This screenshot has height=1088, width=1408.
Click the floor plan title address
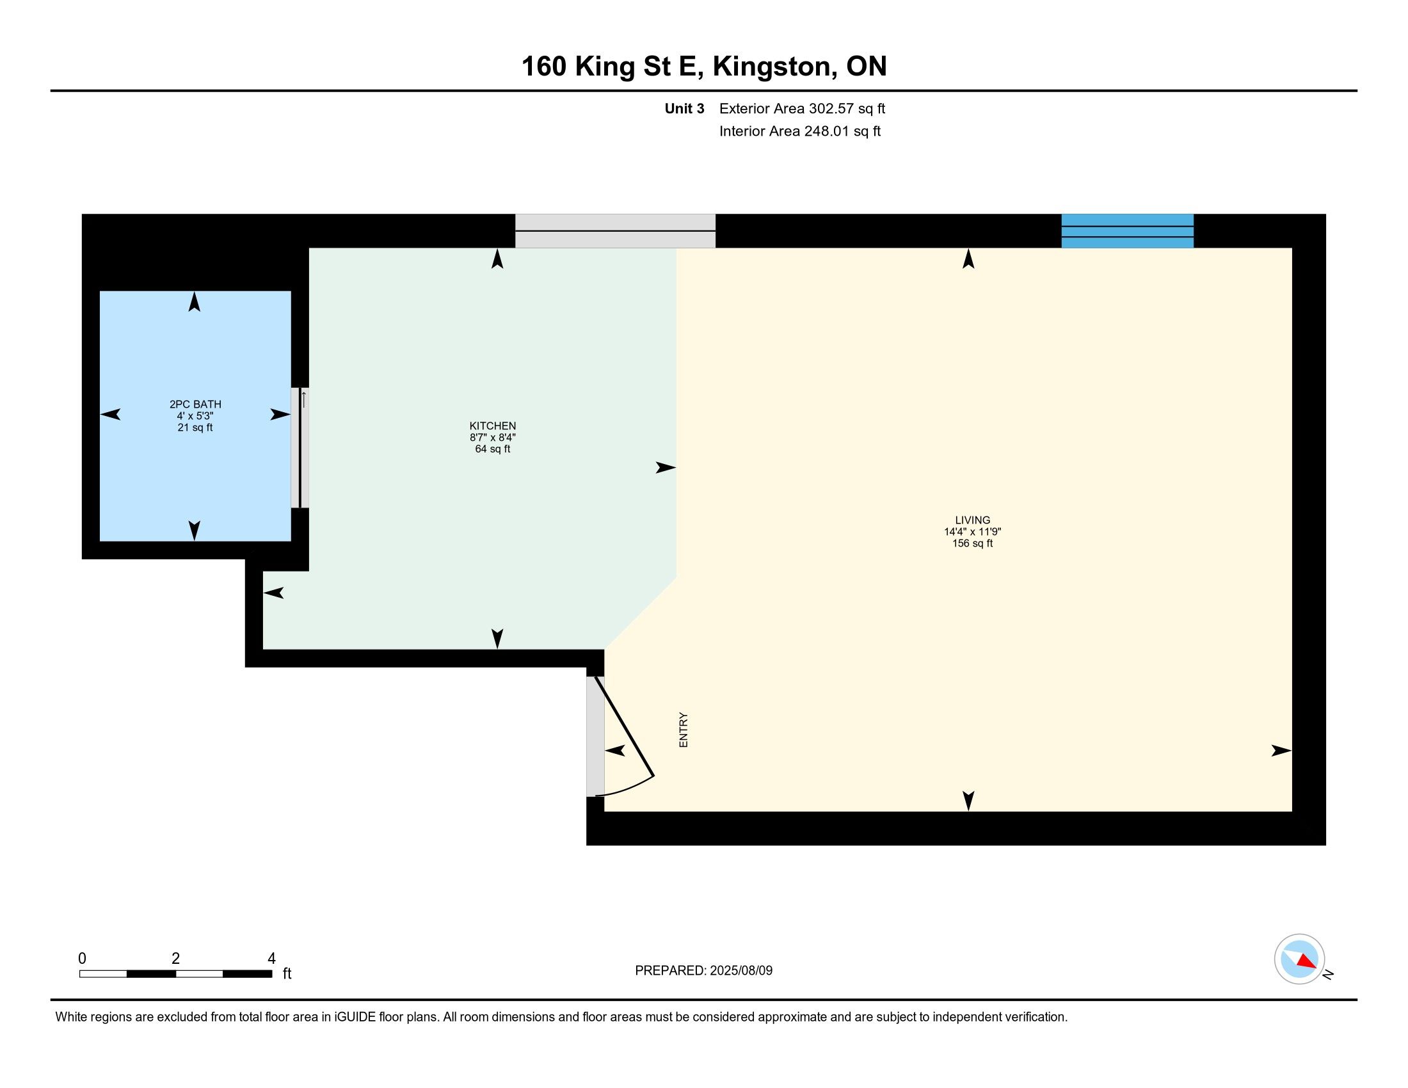[704, 67]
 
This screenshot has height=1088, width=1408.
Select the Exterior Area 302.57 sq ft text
[802, 108]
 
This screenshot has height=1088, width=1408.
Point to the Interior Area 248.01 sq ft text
[800, 131]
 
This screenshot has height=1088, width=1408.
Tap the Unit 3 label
[685, 108]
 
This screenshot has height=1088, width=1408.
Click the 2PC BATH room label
[195, 404]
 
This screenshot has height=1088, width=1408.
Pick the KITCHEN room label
[493, 426]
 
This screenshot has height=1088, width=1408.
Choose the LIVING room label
[973, 520]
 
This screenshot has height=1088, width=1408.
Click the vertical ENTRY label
[684, 730]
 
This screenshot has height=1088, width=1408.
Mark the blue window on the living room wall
[1128, 231]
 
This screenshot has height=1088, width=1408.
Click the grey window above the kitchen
[615, 231]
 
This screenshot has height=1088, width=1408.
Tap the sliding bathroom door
[300, 447]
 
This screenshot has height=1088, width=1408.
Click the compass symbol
[1300, 959]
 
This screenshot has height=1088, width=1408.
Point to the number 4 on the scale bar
[271, 959]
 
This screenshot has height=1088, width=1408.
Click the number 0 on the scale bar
[83, 959]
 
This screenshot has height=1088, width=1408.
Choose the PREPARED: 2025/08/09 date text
[704, 970]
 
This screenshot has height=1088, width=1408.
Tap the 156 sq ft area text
[973, 543]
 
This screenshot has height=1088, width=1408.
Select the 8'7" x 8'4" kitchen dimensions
[493, 437]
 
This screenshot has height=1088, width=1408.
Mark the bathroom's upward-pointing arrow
[194, 301]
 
